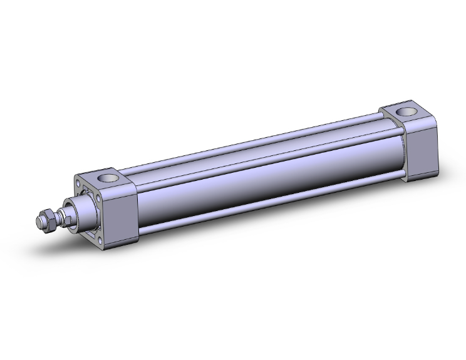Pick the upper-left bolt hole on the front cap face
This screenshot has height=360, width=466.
click(x=80, y=185)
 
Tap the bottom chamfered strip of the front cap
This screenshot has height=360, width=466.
click(x=119, y=240)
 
